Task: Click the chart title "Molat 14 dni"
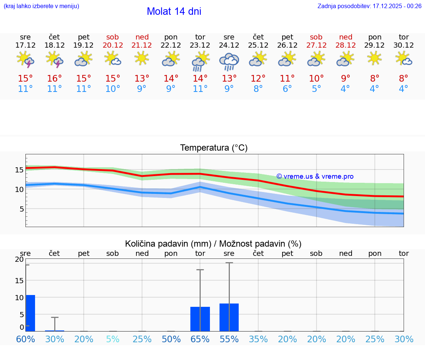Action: [174, 11]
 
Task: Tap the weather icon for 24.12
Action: [229, 61]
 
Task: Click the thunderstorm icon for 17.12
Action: [25, 60]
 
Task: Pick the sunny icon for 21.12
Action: [142, 58]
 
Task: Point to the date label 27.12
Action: [316, 45]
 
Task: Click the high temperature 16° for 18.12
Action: [55, 79]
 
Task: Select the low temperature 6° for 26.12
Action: [287, 89]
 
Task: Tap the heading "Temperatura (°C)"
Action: [214, 148]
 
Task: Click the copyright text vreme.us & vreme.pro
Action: [315, 176]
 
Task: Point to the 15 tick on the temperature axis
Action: [19, 170]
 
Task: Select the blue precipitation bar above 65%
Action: [200, 319]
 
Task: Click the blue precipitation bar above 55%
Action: [229, 317]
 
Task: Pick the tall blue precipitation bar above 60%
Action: [30, 313]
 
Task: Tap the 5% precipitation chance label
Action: [113, 339]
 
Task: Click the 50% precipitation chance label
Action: [171, 339]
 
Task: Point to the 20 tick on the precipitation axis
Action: [19, 259]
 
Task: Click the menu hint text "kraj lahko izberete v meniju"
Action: [41, 6]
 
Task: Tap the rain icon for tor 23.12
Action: [200, 61]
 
